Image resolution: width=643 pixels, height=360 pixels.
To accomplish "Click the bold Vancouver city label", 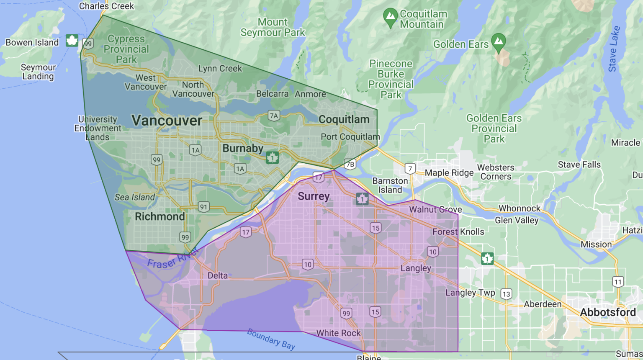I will coord(167,121).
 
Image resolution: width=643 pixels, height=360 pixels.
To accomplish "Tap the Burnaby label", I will coord(243,149).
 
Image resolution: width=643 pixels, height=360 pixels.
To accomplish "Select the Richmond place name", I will coord(159,216).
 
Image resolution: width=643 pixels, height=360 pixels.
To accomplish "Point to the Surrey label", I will coord(314,196).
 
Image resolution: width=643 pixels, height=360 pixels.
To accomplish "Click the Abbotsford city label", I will coord(607,312).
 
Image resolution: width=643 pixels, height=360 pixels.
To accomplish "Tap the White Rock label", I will coord(338,333).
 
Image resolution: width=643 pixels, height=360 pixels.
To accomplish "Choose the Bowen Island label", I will coord(32,43).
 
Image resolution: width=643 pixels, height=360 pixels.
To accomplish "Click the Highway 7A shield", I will coord(274,116).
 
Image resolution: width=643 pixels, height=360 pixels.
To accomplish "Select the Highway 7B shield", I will coord(350,164).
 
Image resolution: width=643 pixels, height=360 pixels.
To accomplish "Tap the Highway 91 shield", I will coord(203,207).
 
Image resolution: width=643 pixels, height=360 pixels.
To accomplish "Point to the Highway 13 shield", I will coord(506,294).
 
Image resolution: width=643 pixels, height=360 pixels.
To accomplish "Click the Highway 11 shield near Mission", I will coord(618,282).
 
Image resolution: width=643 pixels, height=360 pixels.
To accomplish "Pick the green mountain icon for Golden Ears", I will coord(498,42).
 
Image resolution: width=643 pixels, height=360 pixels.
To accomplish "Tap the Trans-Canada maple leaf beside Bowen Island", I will coord(72,41).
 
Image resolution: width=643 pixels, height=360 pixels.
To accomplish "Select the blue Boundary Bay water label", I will coord(271,339).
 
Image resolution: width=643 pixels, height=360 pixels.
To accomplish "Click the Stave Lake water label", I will coord(614,49).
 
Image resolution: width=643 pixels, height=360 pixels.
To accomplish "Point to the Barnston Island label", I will coord(390,185).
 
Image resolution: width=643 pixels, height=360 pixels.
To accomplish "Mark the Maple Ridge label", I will coord(449,173).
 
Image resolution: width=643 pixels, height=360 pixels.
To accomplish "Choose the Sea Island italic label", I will coord(134,197).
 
